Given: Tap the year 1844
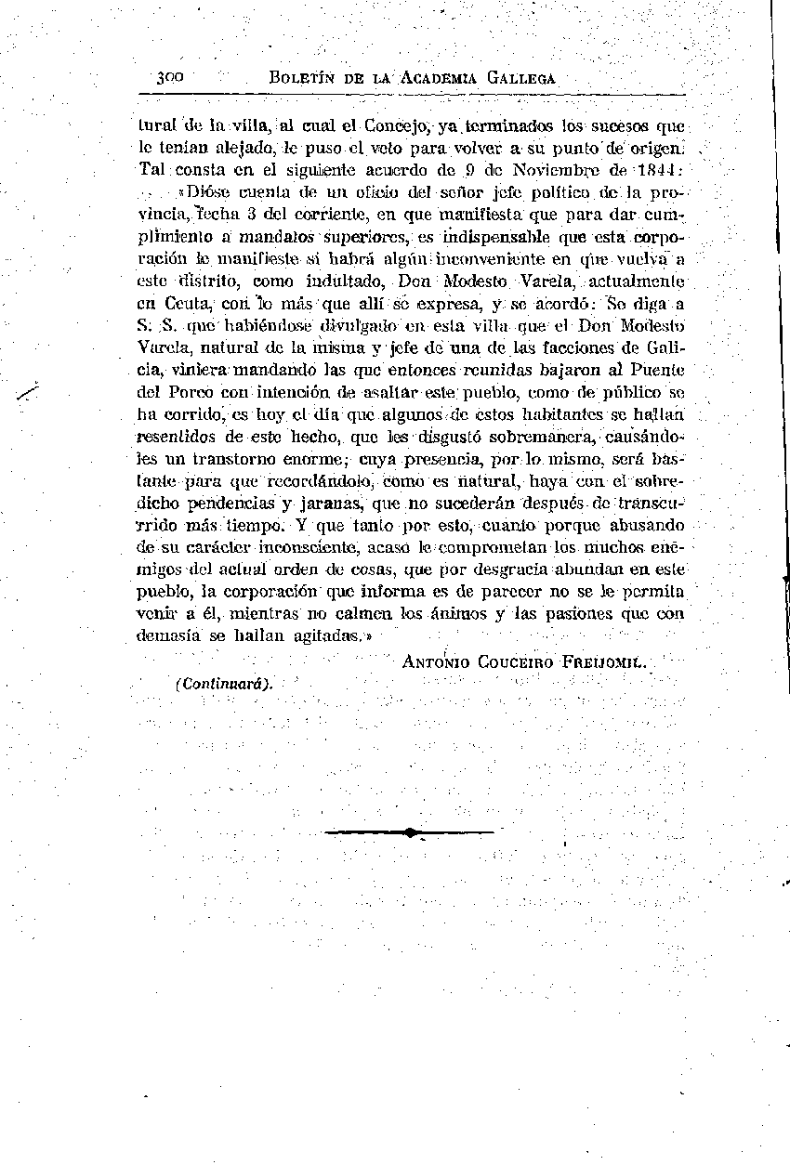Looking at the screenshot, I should pos(657,170).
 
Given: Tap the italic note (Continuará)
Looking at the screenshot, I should pos(223,683).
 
